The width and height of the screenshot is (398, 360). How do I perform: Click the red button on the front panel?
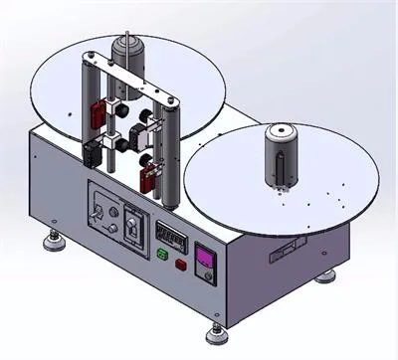pyautogui.click(x=180, y=265)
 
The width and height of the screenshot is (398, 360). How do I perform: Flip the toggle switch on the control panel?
pyautogui.click(x=99, y=212)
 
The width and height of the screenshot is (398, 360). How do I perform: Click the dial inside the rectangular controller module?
pyautogui.click(x=134, y=227)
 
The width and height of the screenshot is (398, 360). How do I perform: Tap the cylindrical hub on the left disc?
pyautogui.click(x=127, y=58)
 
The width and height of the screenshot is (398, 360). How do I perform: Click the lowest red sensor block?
pyautogui.click(x=150, y=178)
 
